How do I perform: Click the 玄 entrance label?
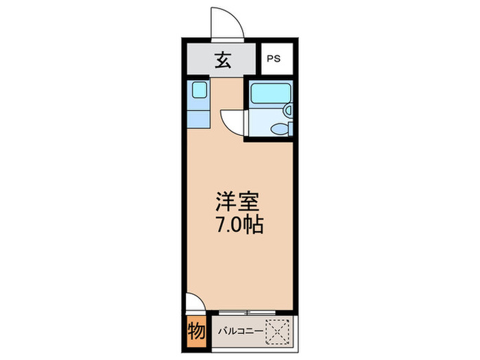pyautogui.click(x=222, y=60)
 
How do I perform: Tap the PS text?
pyautogui.click(x=273, y=60)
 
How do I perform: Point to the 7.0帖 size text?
pyautogui.click(x=237, y=226)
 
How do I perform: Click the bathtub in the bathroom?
pyautogui.click(x=267, y=93)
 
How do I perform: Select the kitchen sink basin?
pyautogui.click(x=199, y=90)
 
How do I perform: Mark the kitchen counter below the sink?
pyautogui.click(x=197, y=113)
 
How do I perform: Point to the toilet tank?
pyautogui.click(x=291, y=128)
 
